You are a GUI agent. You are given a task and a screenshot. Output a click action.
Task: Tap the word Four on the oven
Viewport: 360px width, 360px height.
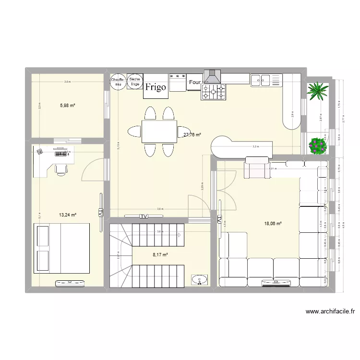(194, 83)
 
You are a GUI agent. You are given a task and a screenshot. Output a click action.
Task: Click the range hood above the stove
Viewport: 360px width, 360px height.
(212, 77)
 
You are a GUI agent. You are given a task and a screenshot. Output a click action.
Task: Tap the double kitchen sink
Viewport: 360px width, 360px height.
(265, 80)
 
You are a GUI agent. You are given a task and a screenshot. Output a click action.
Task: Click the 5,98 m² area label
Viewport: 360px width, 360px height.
(67, 106)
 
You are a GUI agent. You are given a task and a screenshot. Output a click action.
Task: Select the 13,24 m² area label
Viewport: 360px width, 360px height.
(68, 215)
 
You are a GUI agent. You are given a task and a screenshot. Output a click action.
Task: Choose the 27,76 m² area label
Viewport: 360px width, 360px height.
(192, 135)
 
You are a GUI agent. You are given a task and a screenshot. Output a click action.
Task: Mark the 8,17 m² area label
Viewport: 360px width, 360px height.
(160, 255)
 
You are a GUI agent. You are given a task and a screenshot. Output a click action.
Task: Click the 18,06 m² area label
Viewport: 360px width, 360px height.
(272, 223)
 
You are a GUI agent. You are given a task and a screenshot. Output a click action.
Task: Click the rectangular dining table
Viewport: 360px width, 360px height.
(158, 131)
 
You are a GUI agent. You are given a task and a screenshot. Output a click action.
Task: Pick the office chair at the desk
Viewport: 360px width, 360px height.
(61, 167)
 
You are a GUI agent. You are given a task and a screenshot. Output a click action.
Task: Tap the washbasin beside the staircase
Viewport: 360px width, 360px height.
(199, 279)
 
